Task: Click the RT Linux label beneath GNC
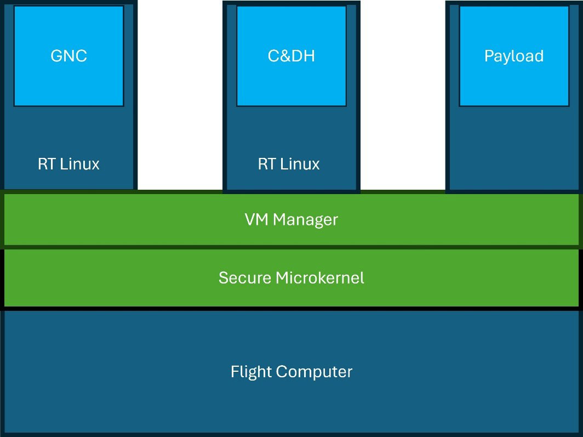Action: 68,164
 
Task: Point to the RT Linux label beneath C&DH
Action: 289,164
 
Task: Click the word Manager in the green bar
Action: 306,220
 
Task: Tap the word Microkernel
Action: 319,278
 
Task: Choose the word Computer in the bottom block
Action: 314,372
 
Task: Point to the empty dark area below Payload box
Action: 513,148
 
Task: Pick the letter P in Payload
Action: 489,56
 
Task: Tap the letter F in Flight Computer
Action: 234,372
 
